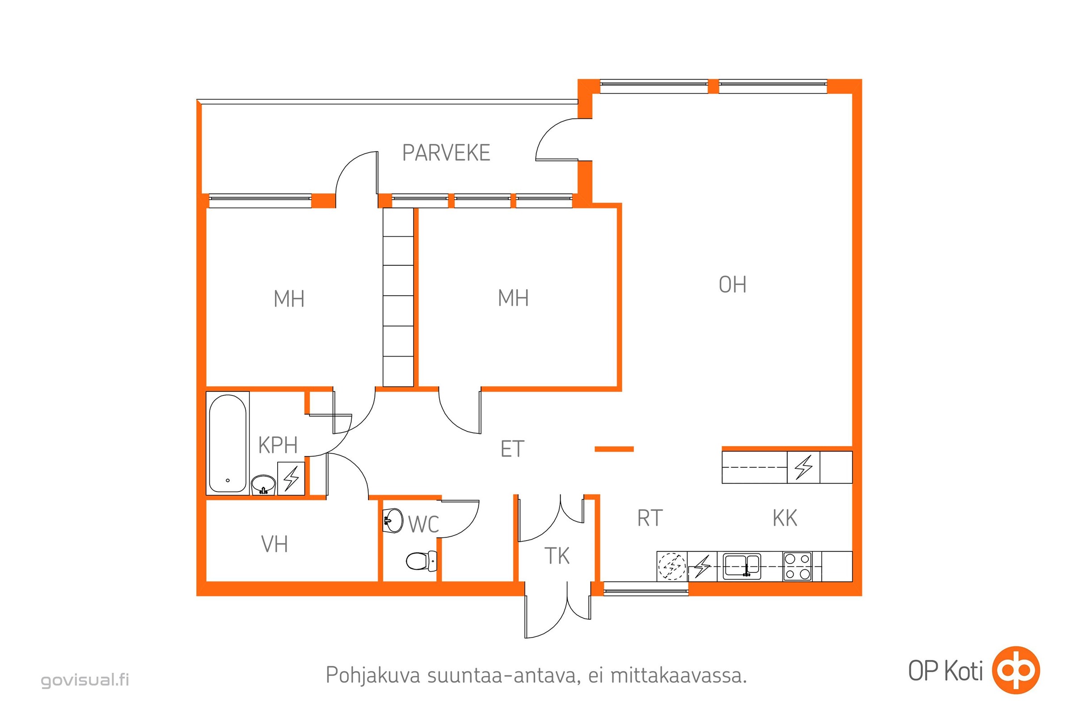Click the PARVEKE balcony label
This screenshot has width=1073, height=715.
[x=446, y=153]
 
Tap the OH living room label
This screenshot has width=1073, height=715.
[x=732, y=285]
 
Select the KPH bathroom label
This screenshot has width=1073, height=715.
[x=278, y=445]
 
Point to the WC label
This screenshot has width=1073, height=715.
[x=423, y=524]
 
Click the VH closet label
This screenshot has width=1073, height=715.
[x=274, y=544]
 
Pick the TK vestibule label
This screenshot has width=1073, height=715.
[x=557, y=556]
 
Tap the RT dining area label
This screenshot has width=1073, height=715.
[x=650, y=518]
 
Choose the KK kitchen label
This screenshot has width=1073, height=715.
[x=785, y=518]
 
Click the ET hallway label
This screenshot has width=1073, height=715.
[x=512, y=449]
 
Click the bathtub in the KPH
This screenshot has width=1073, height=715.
[x=228, y=443]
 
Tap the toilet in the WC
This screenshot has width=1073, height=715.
[x=421, y=561]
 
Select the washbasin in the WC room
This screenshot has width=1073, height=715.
[x=393, y=520]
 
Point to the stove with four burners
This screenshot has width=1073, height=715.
[x=797, y=566]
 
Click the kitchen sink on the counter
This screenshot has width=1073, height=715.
[x=742, y=566]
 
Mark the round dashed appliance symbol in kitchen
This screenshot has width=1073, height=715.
[x=672, y=566]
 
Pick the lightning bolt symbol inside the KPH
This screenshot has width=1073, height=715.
[x=291, y=478]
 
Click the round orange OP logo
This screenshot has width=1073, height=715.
[x=1016, y=670]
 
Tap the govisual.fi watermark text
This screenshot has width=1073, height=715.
[x=85, y=680]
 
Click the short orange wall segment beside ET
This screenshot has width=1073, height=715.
[x=614, y=449]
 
